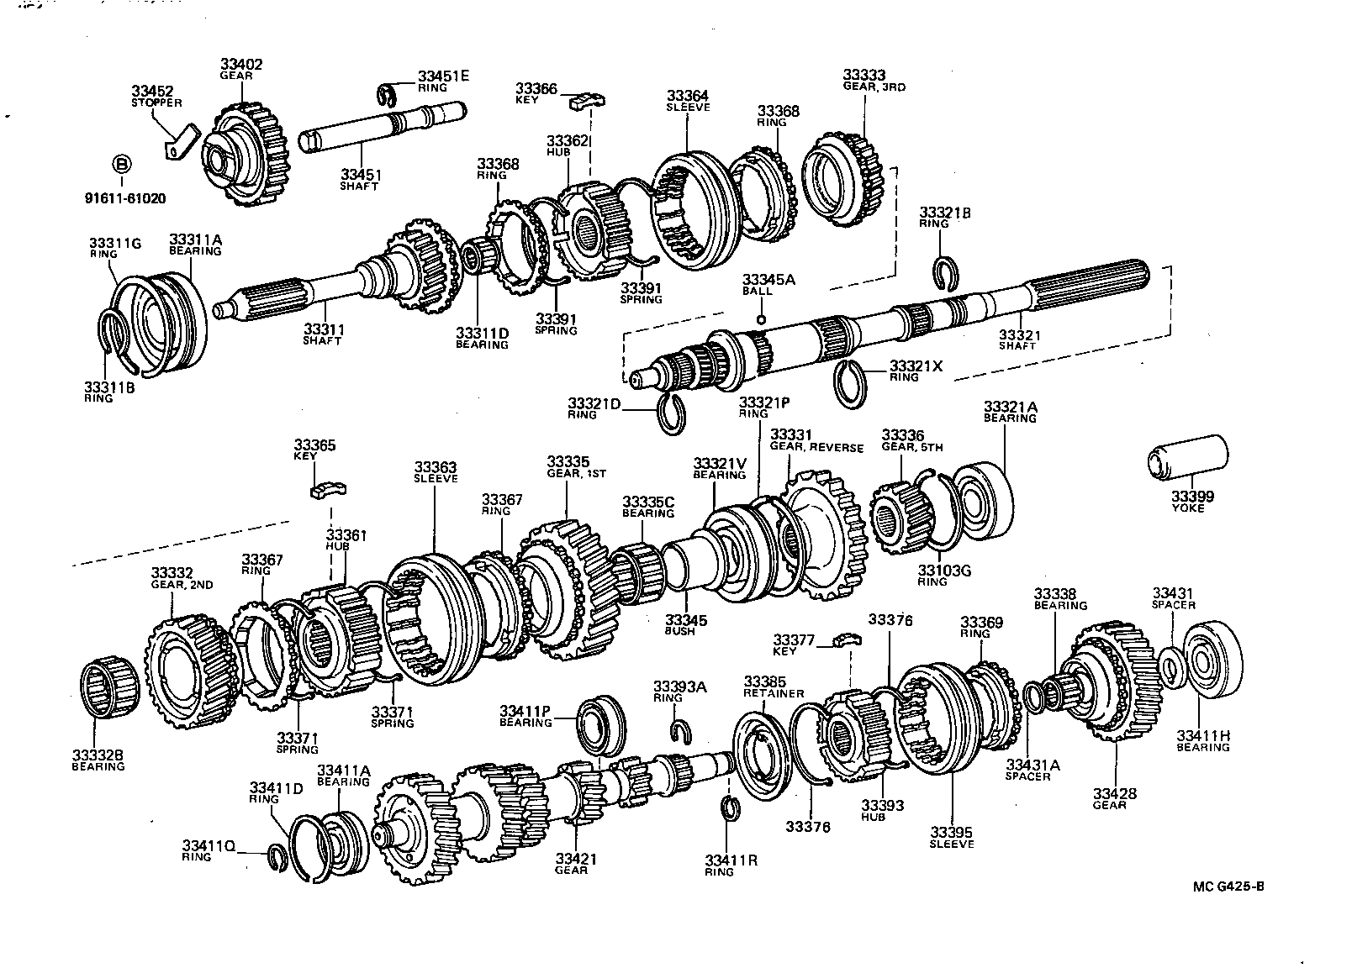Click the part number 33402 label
(241, 64)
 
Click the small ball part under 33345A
(761, 319)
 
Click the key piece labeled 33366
(586, 101)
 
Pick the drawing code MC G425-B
(1228, 886)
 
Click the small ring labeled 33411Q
(278, 856)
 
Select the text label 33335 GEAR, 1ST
(569, 467)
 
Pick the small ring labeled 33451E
(386, 95)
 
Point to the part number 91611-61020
(125, 199)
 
